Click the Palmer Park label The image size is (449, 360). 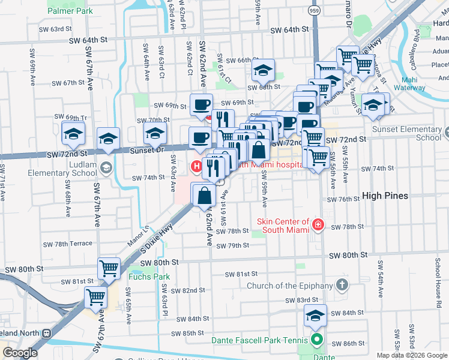tap(71, 11)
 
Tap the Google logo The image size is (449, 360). tap(20, 352)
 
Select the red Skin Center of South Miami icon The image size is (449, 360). tap(318, 226)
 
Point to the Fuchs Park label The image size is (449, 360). tap(148, 277)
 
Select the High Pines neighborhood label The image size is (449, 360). tap(385, 196)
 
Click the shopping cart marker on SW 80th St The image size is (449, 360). tap(109, 268)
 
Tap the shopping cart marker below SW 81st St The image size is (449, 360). tap(96, 296)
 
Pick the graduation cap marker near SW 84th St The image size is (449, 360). tap(315, 316)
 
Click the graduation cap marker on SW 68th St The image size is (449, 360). tap(263, 71)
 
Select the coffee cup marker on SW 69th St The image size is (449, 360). tap(201, 104)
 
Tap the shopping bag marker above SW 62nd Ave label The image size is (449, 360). tap(203, 194)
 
